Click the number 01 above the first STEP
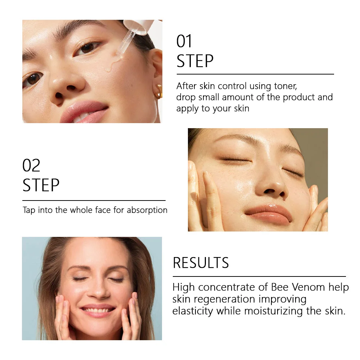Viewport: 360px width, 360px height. [184, 41]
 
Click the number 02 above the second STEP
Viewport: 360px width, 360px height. [31, 165]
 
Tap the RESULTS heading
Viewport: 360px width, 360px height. [201, 263]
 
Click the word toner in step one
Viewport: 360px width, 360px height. [285, 86]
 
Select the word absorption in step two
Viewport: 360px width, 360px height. [147, 210]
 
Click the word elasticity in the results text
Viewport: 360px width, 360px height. [193, 311]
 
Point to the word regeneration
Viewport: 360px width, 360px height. [224, 300]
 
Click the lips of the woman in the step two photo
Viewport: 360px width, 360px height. [269, 214]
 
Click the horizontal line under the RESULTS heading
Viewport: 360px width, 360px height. [259, 276]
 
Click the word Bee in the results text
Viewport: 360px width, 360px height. [280, 287]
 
